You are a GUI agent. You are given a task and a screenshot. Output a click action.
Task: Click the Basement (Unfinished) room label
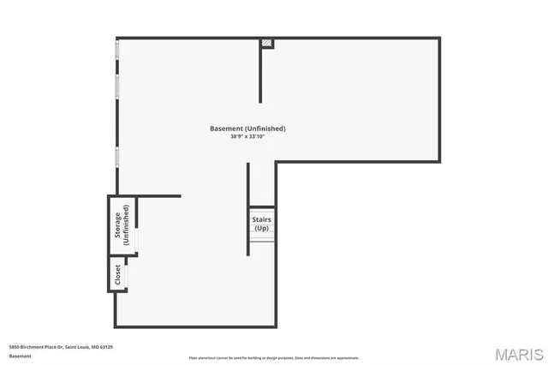pos(247,129)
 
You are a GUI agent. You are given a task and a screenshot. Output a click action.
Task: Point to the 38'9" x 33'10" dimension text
pos(247,136)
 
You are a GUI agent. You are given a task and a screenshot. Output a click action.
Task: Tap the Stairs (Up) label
pos(261,224)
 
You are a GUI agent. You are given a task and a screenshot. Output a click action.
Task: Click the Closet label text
pos(117,274)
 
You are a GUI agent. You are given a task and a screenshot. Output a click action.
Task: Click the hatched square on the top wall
pos(267,43)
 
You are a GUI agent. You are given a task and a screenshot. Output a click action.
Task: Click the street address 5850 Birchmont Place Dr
pos(43,347)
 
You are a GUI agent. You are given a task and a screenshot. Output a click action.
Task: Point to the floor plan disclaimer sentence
pos(273,357)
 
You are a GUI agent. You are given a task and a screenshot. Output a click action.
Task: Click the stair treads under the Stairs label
pos(261,245)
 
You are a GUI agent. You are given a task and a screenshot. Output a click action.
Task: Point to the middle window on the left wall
pos(117,87)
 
